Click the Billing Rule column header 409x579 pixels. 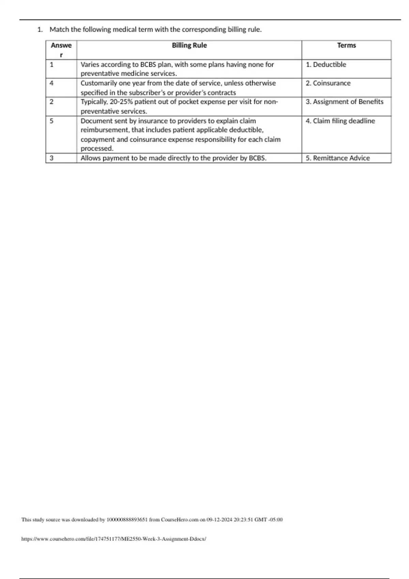(x=189, y=45)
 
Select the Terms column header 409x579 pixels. (x=346, y=45)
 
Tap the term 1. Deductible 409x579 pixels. (x=326, y=64)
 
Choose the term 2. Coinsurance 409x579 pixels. (x=328, y=83)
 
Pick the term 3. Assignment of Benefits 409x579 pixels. (x=344, y=102)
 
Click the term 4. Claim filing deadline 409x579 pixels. (x=340, y=121)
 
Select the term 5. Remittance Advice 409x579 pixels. (x=337, y=158)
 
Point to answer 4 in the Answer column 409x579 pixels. (x=51, y=83)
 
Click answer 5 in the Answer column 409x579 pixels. (x=51, y=121)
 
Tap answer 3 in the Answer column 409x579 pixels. (x=51, y=158)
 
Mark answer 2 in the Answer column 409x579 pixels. (x=51, y=102)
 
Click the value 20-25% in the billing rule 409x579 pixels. (x=121, y=102)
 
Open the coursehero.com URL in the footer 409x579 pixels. (x=113, y=539)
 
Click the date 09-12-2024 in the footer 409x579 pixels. (x=219, y=520)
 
